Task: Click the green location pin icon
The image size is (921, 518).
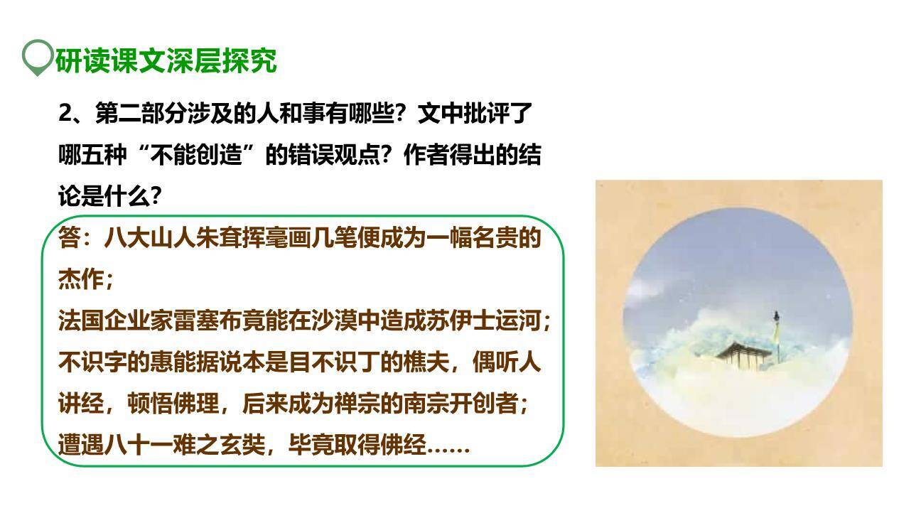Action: click(x=38, y=58)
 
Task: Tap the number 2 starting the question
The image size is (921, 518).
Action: click(x=65, y=114)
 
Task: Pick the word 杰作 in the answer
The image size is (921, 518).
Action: click(x=80, y=279)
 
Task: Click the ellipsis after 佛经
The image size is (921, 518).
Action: click(x=449, y=448)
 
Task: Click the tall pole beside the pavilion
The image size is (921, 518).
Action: click(x=776, y=334)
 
